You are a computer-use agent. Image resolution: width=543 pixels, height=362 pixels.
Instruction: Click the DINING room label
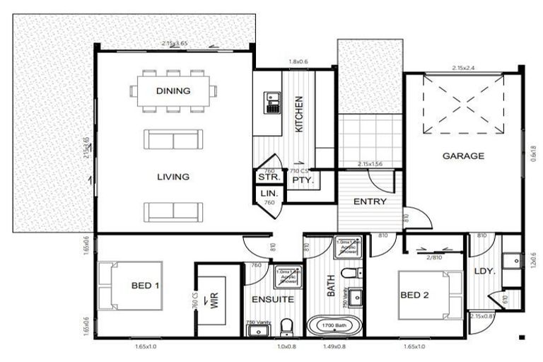(x=173, y=91)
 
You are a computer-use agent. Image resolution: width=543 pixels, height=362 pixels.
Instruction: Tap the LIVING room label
(x=173, y=177)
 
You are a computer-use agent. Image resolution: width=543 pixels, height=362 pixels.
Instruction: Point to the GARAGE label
(x=463, y=156)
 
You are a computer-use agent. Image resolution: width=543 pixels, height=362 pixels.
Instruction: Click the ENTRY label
(x=370, y=202)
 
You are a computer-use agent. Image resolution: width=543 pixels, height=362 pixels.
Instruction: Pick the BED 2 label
(x=416, y=295)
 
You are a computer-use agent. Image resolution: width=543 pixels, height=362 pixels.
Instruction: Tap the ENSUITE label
(x=273, y=300)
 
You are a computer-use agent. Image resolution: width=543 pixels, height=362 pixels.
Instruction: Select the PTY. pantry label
(x=302, y=180)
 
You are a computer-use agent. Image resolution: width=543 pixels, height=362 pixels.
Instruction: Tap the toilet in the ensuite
(x=286, y=327)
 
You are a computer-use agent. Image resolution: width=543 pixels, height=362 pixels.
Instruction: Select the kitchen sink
(x=271, y=104)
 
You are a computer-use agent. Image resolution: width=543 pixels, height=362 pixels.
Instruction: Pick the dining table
(x=174, y=90)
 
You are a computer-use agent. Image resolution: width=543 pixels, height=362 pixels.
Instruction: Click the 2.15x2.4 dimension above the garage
(x=463, y=69)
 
